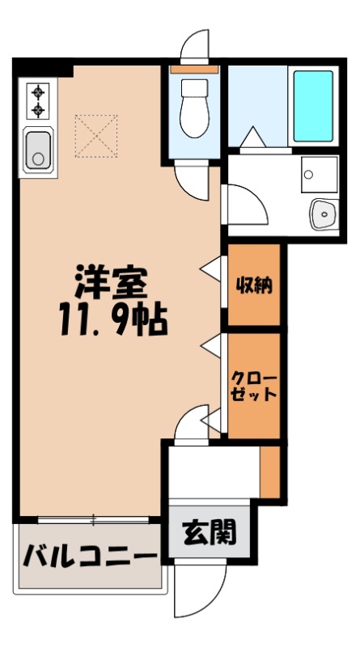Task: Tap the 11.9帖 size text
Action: [x=112, y=322]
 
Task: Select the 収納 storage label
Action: [x=253, y=285]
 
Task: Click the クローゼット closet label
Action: [x=254, y=387]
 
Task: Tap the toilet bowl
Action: [x=194, y=109]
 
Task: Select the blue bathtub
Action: [x=311, y=107]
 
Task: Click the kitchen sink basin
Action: [x=38, y=150]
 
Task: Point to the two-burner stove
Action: [x=38, y=101]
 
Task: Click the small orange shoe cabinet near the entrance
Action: [x=269, y=472]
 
